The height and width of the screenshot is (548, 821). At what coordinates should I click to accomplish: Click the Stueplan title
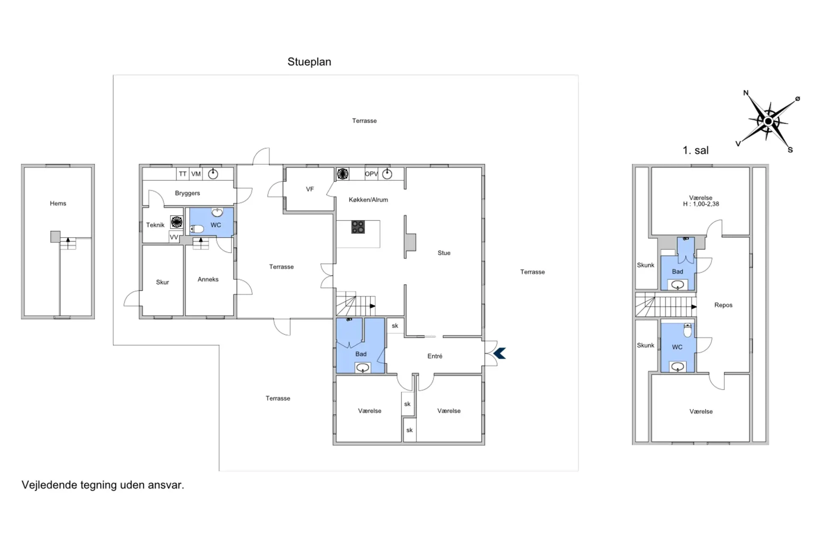click(309, 62)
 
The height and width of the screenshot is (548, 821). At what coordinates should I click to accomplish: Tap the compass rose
click(768, 121)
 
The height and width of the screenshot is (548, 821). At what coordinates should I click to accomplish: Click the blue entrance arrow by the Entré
click(499, 353)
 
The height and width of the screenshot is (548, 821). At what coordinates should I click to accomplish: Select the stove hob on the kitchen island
click(358, 227)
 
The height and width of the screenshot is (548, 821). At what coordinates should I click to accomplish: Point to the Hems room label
click(58, 203)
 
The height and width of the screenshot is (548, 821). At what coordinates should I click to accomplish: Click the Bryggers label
click(187, 193)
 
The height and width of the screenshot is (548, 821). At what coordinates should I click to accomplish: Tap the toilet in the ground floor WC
click(197, 229)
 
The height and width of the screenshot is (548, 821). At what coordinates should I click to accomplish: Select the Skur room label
click(162, 282)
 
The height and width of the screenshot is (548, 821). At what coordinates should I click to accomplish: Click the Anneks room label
click(208, 279)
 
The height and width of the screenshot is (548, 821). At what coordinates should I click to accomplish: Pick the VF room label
click(310, 189)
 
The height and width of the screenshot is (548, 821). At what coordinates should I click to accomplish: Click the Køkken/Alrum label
click(368, 200)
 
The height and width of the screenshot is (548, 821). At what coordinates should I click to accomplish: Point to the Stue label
click(444, 253)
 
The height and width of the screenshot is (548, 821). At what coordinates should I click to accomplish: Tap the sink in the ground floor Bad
click(363, 367)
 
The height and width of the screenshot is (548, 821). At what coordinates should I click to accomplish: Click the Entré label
click(435, 356)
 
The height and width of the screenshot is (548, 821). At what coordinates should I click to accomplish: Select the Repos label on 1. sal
click(723, 305)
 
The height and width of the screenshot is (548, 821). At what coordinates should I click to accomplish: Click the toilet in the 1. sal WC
click(688, 330)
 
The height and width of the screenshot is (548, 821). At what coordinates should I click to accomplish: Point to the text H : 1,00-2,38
click(701, 204)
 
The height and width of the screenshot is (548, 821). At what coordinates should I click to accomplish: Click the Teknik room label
click(155, 225)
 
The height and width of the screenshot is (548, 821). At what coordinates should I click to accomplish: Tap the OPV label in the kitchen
click(371, 174)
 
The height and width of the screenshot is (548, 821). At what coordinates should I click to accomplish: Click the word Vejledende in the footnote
click(50, 485)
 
